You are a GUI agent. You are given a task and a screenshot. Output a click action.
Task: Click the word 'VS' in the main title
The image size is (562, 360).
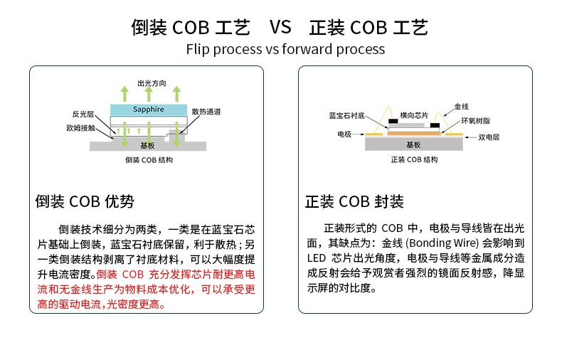pos(280,28)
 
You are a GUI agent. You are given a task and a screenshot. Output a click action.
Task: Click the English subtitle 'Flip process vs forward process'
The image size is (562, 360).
pos(285,49)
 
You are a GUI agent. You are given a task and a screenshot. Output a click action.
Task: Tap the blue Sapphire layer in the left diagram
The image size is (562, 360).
pos(149,110)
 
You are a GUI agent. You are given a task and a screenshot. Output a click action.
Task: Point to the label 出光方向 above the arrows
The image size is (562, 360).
pos(152,83)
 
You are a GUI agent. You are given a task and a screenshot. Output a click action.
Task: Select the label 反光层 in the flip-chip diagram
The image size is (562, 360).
pos(83,114)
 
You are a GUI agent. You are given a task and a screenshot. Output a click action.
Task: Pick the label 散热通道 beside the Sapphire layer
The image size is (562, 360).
pos(206,112)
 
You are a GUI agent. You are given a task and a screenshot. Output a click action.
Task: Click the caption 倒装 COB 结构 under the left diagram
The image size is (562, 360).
pos(148,160)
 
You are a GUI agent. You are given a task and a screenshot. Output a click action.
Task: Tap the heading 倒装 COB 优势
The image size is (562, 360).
pos(85,201)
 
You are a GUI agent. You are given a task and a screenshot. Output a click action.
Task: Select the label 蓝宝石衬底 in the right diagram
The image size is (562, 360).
pos(346,115)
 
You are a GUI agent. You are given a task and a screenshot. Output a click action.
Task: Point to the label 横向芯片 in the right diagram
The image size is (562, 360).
pos(414,115)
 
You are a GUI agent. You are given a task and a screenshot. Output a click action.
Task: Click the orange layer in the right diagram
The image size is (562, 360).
pos(413,132)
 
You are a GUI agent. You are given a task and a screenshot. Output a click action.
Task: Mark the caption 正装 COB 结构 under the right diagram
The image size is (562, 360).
pos(415,159)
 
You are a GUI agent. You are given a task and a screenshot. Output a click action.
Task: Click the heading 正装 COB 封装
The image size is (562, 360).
pos(354,201)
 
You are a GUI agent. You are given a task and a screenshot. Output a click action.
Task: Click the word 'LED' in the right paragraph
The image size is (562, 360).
pos(316,258)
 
